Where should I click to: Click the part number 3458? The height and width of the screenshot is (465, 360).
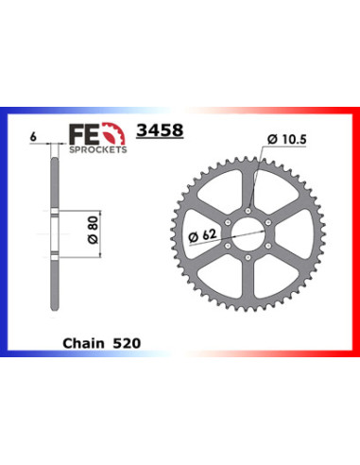(x=160, y=129)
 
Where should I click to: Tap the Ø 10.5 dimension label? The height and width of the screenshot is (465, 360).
(x=286, y=139)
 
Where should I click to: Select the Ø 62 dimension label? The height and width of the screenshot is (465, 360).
(x=202, y=235)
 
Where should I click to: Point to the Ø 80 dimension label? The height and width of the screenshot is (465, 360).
(x=94, y=229)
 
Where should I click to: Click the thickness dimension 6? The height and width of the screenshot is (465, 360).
(x=33, y=137)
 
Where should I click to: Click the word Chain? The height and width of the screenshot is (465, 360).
(x=83, y=343)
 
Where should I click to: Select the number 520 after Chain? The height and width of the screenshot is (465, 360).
(x=127, y=343)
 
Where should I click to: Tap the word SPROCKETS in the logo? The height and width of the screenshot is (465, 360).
(x=98, y=149)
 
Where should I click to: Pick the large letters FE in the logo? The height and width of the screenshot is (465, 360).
(x=84, y=134)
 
